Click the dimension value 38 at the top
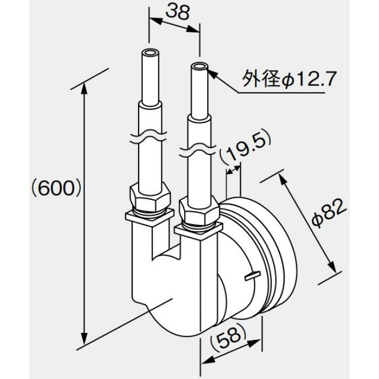[x=177, y=12]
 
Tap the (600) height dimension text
[x=56, y=188]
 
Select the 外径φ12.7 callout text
[x=289, y=79]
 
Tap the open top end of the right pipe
[x=200, y=67]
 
